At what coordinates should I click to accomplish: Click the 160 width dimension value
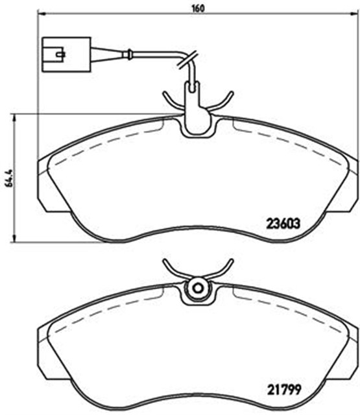pos(198,8)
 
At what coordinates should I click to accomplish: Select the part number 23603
pos(283,224)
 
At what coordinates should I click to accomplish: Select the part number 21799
pos(284,390)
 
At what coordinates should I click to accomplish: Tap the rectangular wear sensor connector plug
pos(66,54)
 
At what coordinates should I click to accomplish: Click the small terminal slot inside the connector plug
pos(60,54)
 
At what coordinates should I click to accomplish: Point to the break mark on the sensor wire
pos(187,60)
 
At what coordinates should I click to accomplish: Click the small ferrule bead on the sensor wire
pos(129,54)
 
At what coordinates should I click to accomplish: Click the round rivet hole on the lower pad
pos(198,288)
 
